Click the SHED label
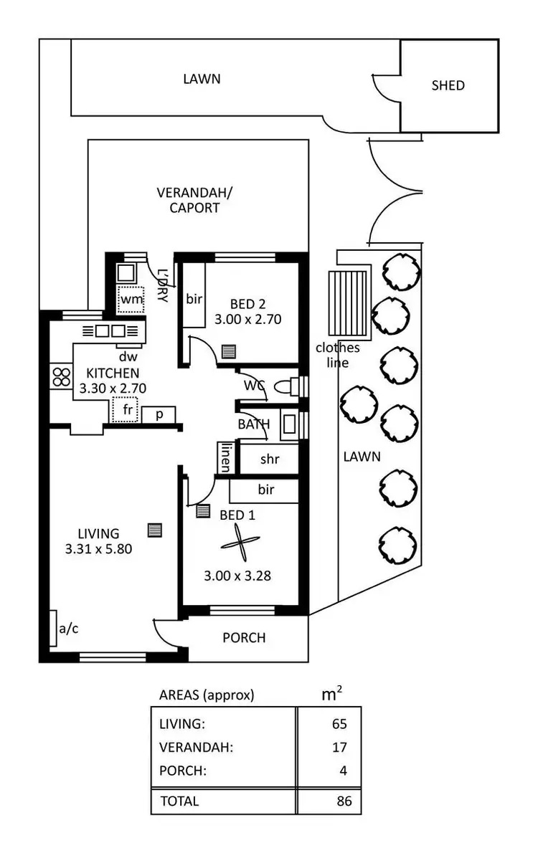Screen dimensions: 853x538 [x=448, y=85]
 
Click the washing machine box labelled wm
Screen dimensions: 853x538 [x=131, y=299]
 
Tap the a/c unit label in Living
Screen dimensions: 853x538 [x=69, y=629]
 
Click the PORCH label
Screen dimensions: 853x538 [x=244, y=637]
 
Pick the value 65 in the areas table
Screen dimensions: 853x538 [x=339, y=724]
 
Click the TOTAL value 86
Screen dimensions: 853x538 [x=344, y=801]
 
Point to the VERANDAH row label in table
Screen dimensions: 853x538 [x=196, y=748]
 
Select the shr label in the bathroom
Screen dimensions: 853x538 [x=269, y=459]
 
